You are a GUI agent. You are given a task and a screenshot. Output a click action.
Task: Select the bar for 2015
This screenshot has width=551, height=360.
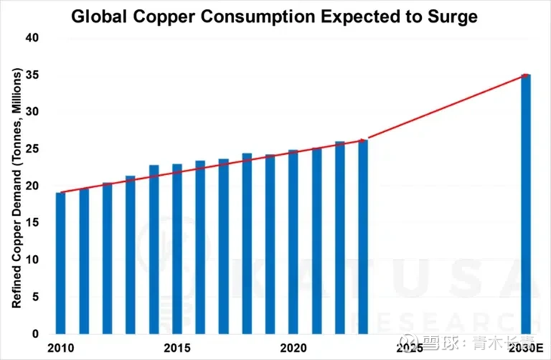pyautogui.click(x=177, y=249)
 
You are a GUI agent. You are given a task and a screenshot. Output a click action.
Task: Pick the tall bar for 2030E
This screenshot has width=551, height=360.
pyautogui.click(x=526, y=204)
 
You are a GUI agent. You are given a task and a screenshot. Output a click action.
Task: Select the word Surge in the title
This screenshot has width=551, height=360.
pyautogui.click(x=456, y=17)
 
